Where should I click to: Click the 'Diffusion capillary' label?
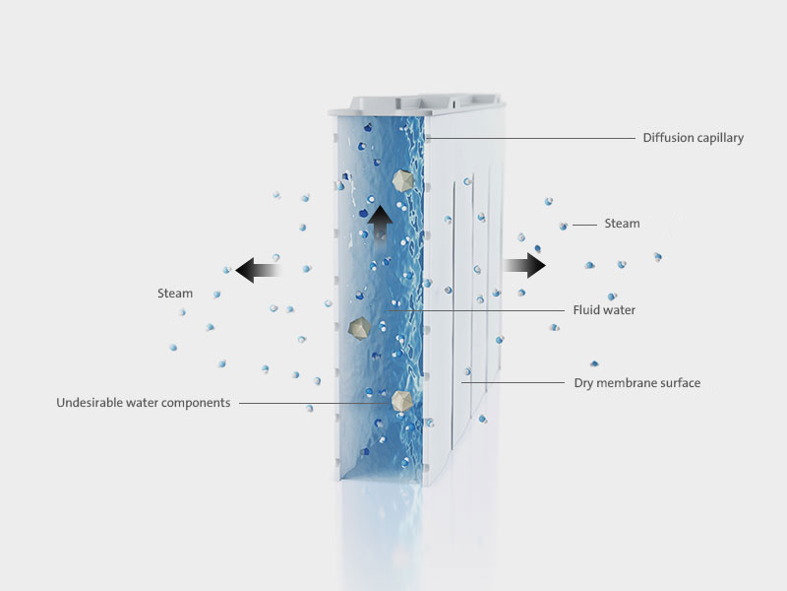click(x=694, y=138)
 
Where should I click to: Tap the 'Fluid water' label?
click(x=604, y=310)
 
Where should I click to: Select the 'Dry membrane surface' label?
click(x=636, y=383)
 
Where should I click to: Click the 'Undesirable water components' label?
click(x=143, y=403)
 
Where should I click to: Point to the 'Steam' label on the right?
click(x=622, y=224)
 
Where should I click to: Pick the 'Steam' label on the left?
click(x=175, y=294)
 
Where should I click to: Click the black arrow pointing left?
click(x=258, y=270)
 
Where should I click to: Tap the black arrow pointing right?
click(x=524, y=265)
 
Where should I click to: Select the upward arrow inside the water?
click(x=380, y=226)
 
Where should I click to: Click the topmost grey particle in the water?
click(x=402, y=180)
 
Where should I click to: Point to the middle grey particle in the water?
click(x=359, y=329)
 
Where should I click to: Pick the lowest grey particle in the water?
click(x=401, y=401)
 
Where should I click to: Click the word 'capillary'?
click(x=718, y=138)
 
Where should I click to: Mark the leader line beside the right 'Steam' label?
click(x=584, y=226)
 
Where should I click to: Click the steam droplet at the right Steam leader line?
click(x=563, y=227)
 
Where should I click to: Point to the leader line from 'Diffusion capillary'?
click(x=530, y=138)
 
